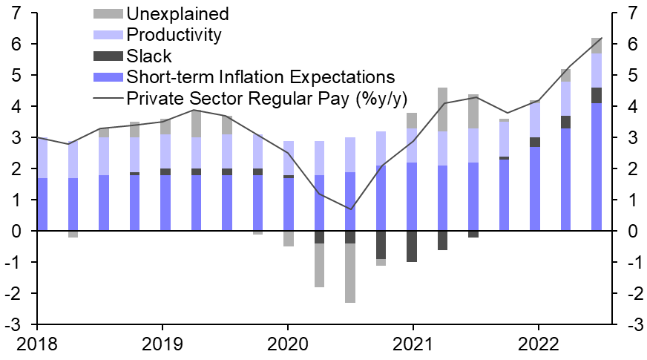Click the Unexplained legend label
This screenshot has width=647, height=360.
point(177,14)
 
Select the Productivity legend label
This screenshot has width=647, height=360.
point(174,35)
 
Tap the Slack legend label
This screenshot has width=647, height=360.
point(149,56)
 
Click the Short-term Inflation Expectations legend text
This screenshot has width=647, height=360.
point(260,76)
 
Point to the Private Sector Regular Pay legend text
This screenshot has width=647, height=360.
point(267,98)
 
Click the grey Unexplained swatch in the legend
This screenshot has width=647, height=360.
point(108,14)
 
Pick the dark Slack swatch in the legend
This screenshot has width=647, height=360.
point(108,56)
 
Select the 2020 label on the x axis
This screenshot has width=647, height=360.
point(287,344)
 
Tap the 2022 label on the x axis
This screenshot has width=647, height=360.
point(538,344)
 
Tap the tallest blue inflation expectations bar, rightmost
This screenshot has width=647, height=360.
point(596,167)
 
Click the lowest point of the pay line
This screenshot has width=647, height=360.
point(350,209)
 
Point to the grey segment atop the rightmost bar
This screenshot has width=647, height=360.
point(596,45)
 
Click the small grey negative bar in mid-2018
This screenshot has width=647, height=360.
point(73,235)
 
